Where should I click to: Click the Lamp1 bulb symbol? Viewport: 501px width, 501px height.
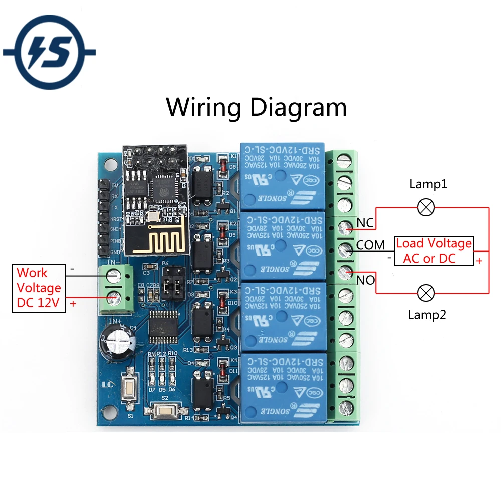click(x=426, y=207)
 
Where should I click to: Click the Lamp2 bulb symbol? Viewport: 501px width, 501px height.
click(x=426, y=293)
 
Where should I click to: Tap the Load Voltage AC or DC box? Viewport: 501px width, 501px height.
click(x=434, y=251)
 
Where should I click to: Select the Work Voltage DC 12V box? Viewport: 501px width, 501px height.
click(x=39, y=288)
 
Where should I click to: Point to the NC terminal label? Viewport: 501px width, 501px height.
click(x=365, y=222)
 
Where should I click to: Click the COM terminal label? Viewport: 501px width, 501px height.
click(x=371, y=245)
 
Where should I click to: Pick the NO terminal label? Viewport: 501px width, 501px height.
click(x=365, y=280)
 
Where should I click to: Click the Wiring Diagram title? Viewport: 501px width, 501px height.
click(x=257, y=107)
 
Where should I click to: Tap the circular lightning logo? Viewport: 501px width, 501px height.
click(x=49, y=52)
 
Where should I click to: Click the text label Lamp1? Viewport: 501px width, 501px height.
click(x=428, y=184)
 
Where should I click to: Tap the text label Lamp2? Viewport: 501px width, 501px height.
click(x=426, y=315)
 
